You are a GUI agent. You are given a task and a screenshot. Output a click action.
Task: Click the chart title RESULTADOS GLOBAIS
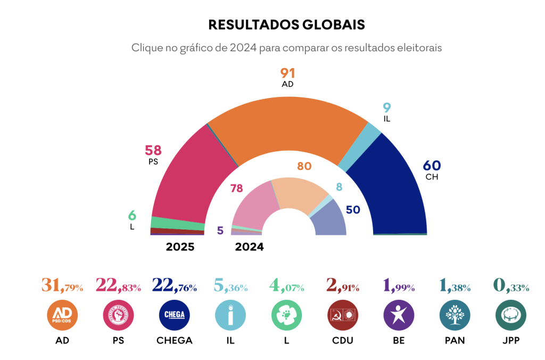(x=286, y=24)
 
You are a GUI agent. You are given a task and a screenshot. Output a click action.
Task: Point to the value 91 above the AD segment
(x=288, y=73)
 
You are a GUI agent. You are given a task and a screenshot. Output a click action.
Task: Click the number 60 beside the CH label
(x=432, y=166)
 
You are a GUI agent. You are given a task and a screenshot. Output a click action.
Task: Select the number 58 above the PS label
(x=153, y=151)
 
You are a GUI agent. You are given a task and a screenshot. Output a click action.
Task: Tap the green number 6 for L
(x=132, y=216)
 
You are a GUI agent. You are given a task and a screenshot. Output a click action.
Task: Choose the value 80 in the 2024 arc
(x=304, y=166)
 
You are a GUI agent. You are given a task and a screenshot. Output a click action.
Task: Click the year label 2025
(x=180, y=247)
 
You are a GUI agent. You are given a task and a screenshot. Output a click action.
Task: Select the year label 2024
(x=250, y=247)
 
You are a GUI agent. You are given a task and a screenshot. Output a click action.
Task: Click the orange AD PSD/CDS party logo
(x=62, y=315)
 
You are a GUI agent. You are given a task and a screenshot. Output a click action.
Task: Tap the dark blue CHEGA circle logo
(x=175, y=315)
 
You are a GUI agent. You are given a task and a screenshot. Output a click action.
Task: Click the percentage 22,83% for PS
(x=118, y=287)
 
